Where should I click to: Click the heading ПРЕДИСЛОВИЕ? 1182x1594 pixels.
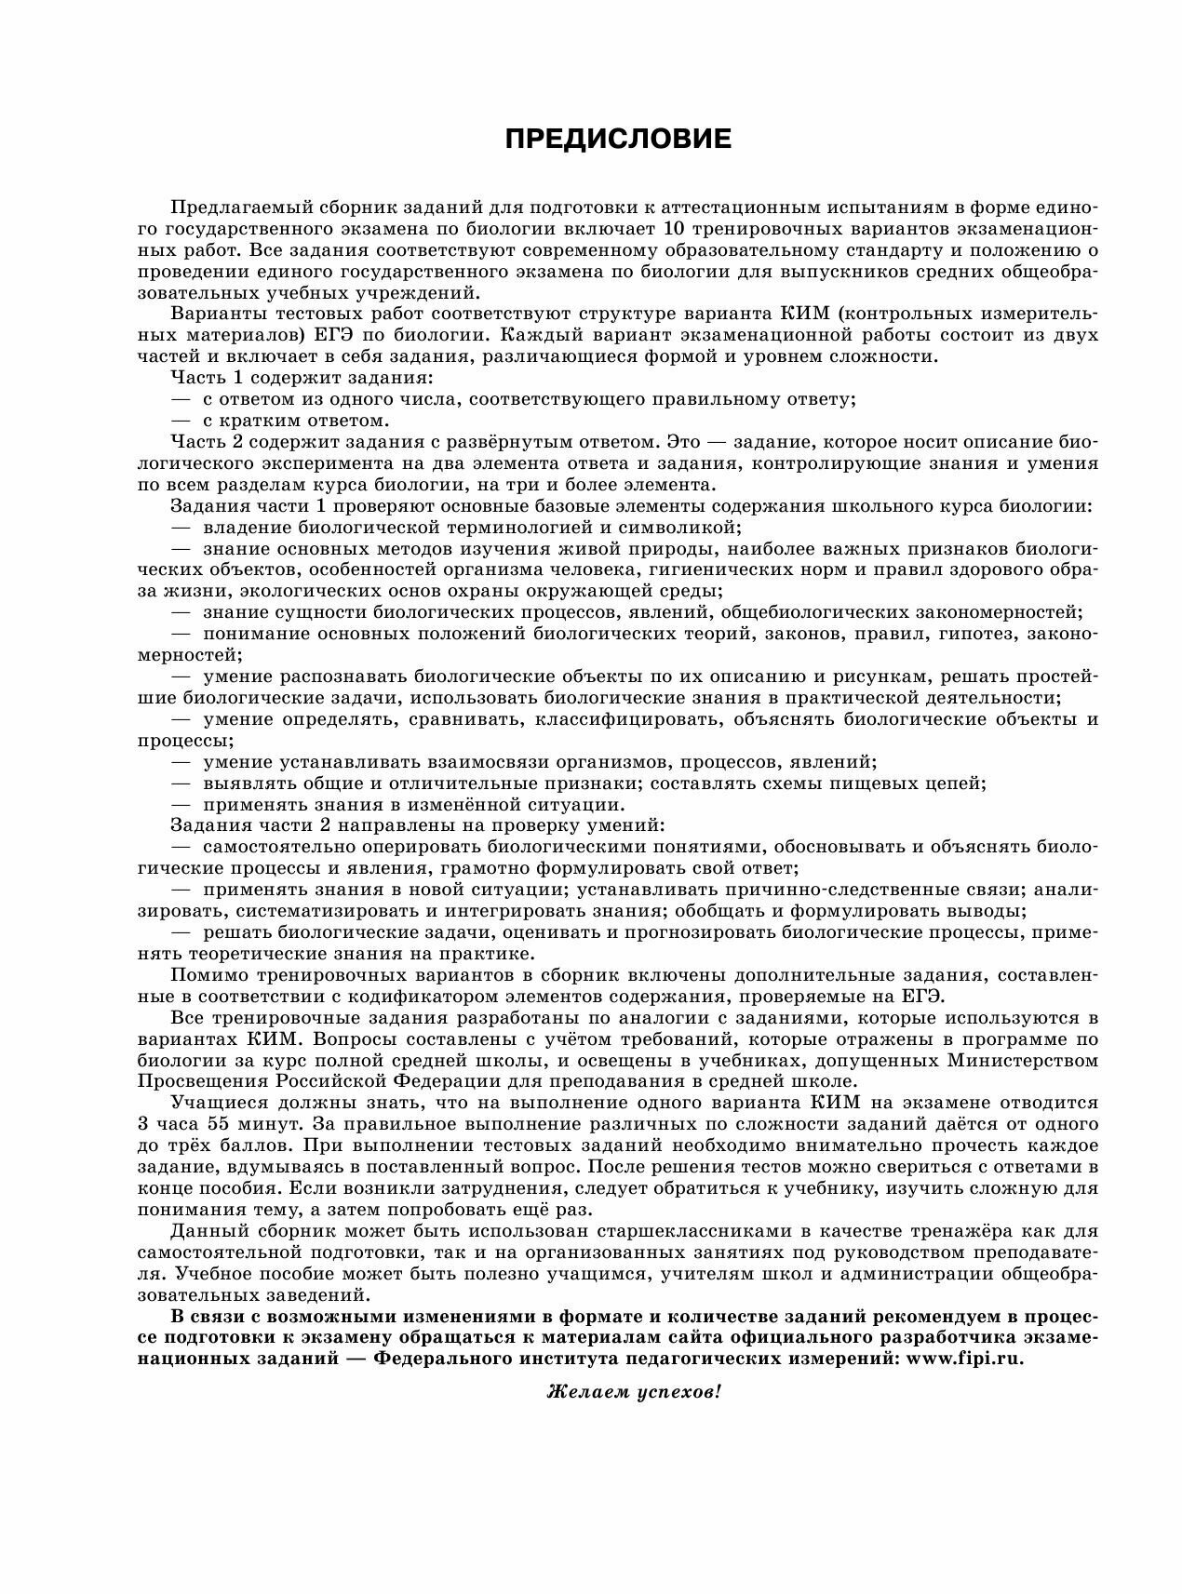point(618,140)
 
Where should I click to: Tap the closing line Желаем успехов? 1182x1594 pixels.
point(634,1392)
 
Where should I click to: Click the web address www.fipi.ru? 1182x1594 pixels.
point(968,1358)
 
